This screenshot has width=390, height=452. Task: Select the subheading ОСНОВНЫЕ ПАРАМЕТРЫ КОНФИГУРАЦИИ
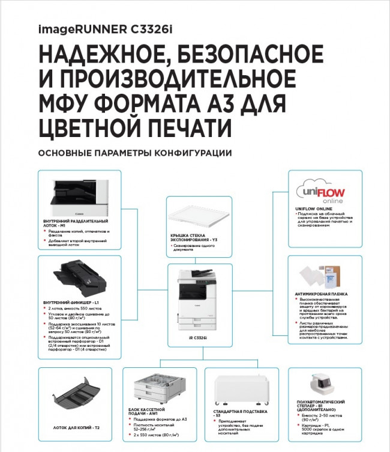134,153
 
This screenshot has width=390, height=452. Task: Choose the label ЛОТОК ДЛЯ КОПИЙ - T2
75,427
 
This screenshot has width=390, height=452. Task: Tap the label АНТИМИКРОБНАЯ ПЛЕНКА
321,294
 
